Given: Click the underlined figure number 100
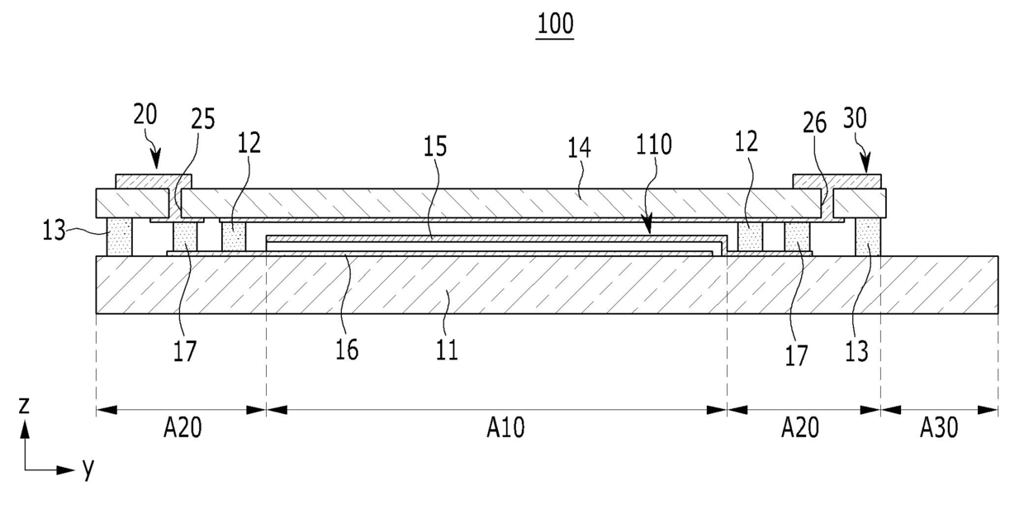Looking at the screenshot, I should (555, 24).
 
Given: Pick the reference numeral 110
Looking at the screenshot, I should (654, 145).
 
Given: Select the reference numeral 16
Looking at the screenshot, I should (347, 349).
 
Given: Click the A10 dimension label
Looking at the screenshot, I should (505, 427).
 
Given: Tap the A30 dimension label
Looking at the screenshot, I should (938, 427).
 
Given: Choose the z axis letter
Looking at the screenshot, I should (25, 405).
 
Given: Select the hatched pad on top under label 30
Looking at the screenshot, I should (837, 181).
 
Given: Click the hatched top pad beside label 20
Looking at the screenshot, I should (153, 181).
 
